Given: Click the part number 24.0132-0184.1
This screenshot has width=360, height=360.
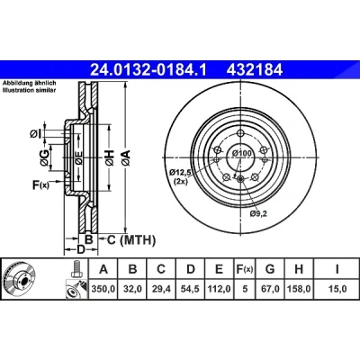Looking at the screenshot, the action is [x=148, y=70].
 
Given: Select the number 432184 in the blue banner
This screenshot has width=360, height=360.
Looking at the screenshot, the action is [x=255, y=70].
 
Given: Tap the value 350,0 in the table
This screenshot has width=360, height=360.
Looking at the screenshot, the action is [x=103, y=289].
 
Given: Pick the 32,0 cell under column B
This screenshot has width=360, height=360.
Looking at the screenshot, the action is [x=132, y=289].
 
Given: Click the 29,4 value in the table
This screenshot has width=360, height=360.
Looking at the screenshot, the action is [x=161, y=289].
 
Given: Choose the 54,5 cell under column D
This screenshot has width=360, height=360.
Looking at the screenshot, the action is [x=191, y=289].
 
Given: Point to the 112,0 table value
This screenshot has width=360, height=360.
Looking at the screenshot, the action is [x=220, y=289].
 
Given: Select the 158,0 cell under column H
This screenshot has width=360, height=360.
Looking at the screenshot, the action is [x=299, y=289].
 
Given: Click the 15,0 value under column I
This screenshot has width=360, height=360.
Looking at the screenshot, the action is [x=337, y=289].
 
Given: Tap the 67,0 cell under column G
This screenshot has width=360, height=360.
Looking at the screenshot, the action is [x=270, y=289].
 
